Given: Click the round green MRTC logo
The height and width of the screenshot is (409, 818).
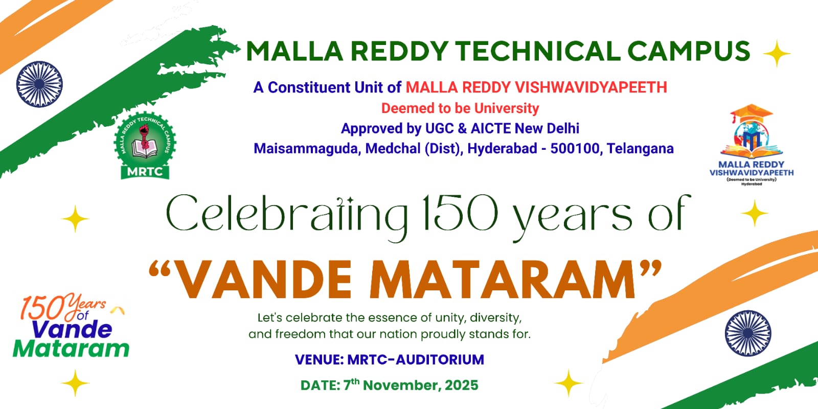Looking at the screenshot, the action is point(145,145).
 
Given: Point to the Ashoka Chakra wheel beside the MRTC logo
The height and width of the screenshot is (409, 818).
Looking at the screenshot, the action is point(39,84).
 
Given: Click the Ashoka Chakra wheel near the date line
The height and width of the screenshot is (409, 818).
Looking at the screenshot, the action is point(748,333).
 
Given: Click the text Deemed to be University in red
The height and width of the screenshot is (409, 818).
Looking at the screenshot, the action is point(460,108).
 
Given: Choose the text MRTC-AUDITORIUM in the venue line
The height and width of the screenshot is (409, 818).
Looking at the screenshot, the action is point(416,360).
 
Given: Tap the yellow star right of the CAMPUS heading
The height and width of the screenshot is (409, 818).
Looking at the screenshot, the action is point(777,54).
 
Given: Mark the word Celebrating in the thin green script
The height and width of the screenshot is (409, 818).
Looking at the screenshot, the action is point(287,215).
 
